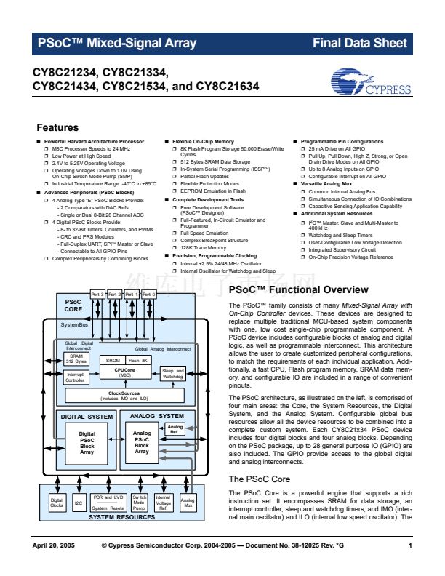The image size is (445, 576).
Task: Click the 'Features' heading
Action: coord(57,127)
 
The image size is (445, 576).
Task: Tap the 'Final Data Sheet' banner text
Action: coord(364,43)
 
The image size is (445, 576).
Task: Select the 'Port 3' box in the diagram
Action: coord(97,295)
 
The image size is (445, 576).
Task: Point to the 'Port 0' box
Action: coord(148,295)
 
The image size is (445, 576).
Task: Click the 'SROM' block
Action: coord(113,360)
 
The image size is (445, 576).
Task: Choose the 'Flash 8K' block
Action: coord(138,360)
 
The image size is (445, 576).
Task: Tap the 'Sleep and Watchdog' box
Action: coord(173,374)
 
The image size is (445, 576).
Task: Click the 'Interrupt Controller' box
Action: coord(75,377)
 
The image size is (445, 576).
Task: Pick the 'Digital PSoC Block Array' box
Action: coord(87,443)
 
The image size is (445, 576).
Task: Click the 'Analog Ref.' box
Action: coord(175,428)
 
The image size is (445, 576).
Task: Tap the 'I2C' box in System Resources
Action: coord(79,503)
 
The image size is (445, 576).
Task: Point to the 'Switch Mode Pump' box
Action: coord(139,503)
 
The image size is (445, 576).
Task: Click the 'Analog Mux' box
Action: coord(188,503)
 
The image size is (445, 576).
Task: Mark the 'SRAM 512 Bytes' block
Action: coord(76,358)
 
